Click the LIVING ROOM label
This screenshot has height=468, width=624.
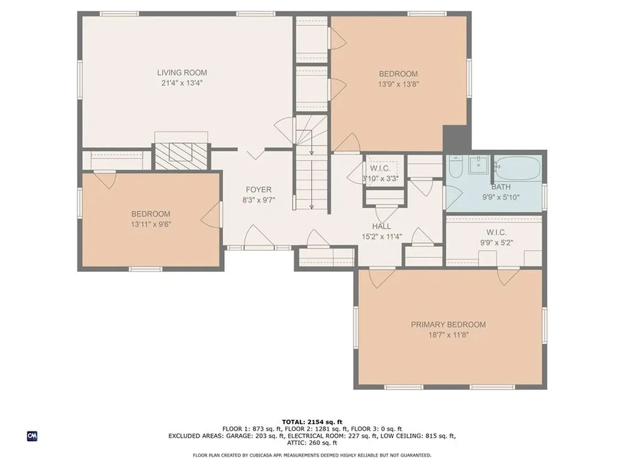tap(182, 73)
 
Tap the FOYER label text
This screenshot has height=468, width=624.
tap(258, 190)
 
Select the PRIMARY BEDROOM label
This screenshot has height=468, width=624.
tap(448, 325)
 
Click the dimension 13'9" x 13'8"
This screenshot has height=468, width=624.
tap(399, 84)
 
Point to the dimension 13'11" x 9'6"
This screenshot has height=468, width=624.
tap(151, 224)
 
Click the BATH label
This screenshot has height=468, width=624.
tap(501, 186)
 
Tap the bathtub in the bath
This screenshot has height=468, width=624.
tap(517, 168)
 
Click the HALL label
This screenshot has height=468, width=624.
tap(381, 227)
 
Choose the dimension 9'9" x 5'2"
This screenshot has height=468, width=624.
tap(496, 243)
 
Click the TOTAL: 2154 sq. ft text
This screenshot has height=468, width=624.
tap(312, 422)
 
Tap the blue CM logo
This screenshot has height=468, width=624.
tap(32, 436)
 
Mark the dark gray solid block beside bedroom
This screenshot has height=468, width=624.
tap(457, 138)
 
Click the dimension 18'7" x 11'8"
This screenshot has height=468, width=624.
tap(448, 335)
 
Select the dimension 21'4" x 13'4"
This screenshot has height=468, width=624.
tap(182, 83)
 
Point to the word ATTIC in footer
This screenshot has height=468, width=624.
tap(296, 442)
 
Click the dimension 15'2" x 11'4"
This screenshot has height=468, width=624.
tap(381, 237)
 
